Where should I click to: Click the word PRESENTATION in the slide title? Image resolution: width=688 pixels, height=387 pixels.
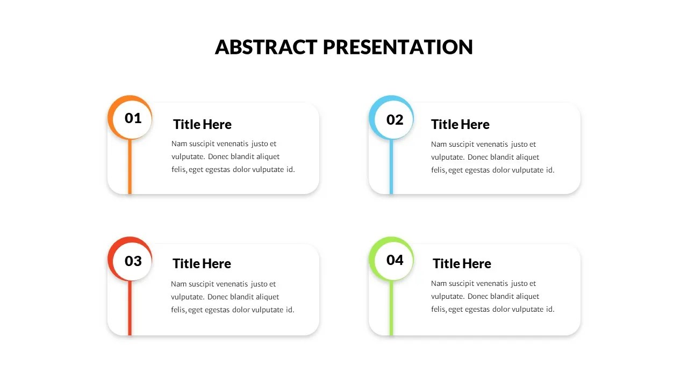(398, 47)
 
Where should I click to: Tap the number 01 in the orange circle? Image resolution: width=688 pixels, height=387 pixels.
(133, 118)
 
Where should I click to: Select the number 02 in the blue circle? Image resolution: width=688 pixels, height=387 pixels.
(395, 120)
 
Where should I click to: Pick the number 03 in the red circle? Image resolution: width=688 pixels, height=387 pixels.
(133, 261)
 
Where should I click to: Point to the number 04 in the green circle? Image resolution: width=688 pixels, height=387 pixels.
(395, 260)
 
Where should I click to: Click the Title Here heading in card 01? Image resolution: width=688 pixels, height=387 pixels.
(202, 125)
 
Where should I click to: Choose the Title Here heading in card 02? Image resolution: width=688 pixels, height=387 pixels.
(460, 125)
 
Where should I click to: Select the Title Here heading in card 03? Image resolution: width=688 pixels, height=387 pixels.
(202, 264)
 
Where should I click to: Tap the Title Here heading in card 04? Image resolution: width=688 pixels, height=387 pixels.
(462, 264)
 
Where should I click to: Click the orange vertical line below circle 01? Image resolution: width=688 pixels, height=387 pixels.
(130, 167)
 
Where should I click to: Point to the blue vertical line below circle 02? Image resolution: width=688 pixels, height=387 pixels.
(391, 167)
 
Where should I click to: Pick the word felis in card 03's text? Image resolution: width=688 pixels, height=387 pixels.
(178, 310)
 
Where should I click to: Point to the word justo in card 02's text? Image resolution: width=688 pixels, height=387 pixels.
(520, 145)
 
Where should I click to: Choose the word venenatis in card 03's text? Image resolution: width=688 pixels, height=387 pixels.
(231, 284)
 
